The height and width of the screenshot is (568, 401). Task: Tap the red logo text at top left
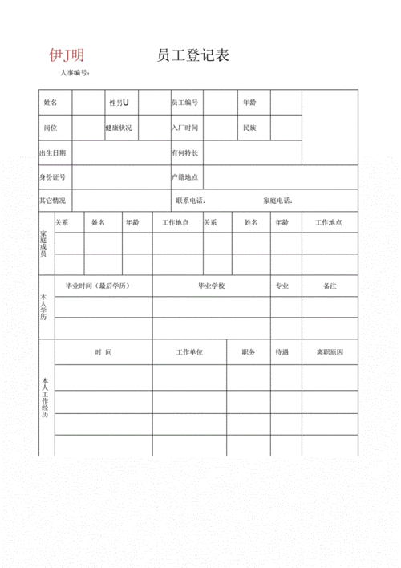coord(67,55)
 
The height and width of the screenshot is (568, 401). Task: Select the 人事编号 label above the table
coord(74,73)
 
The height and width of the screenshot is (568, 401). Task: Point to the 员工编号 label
coord(185,103)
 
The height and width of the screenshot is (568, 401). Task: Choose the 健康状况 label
coord(119,128)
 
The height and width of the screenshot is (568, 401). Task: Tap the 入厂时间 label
coord(184,128)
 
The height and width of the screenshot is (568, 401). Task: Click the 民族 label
coord(249,128)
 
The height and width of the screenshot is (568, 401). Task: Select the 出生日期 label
coord(53,152)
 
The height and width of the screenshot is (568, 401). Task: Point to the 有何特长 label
coord(184,152)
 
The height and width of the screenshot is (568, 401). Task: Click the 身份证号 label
coord(53,176)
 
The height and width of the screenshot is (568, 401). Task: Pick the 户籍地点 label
coord(184,176)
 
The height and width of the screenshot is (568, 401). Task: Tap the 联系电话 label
coord(190,201)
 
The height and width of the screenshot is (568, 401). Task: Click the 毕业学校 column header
coord(212,286)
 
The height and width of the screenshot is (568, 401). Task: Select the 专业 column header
coord(282,286)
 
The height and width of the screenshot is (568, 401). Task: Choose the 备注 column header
coord(330,286)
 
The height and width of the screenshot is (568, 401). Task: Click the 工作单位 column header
coord(190,352)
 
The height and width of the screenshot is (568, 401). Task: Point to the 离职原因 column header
coord(330,352)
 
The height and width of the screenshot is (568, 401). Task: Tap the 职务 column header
coord(248,352)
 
